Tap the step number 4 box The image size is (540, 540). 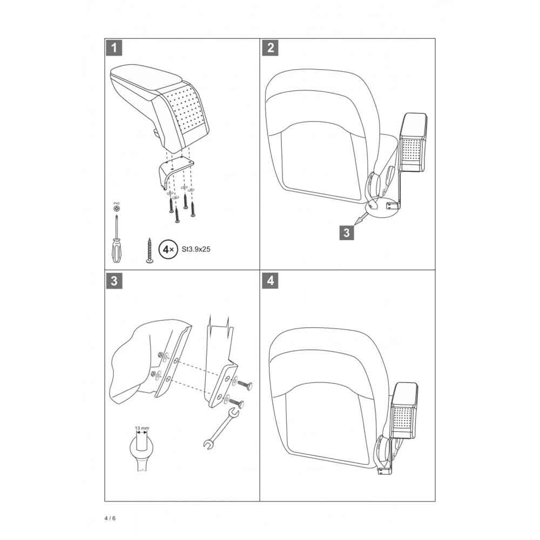coord(269,281)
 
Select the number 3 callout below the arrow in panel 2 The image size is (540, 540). coord(346,233)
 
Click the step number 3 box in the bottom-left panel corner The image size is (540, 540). coord(113,281)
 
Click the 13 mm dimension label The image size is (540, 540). coord(141,428)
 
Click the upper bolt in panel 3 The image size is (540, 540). coord(244,385)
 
